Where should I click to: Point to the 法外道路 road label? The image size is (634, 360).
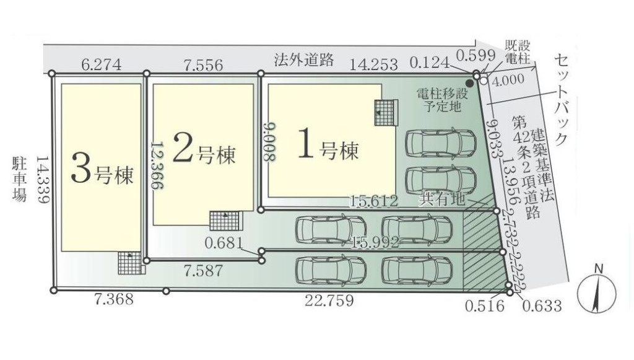[303, 60]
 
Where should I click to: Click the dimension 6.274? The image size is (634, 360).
[100, 64]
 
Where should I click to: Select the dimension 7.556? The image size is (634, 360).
[202, 64]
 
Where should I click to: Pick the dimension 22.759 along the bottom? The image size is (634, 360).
[329, 301]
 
